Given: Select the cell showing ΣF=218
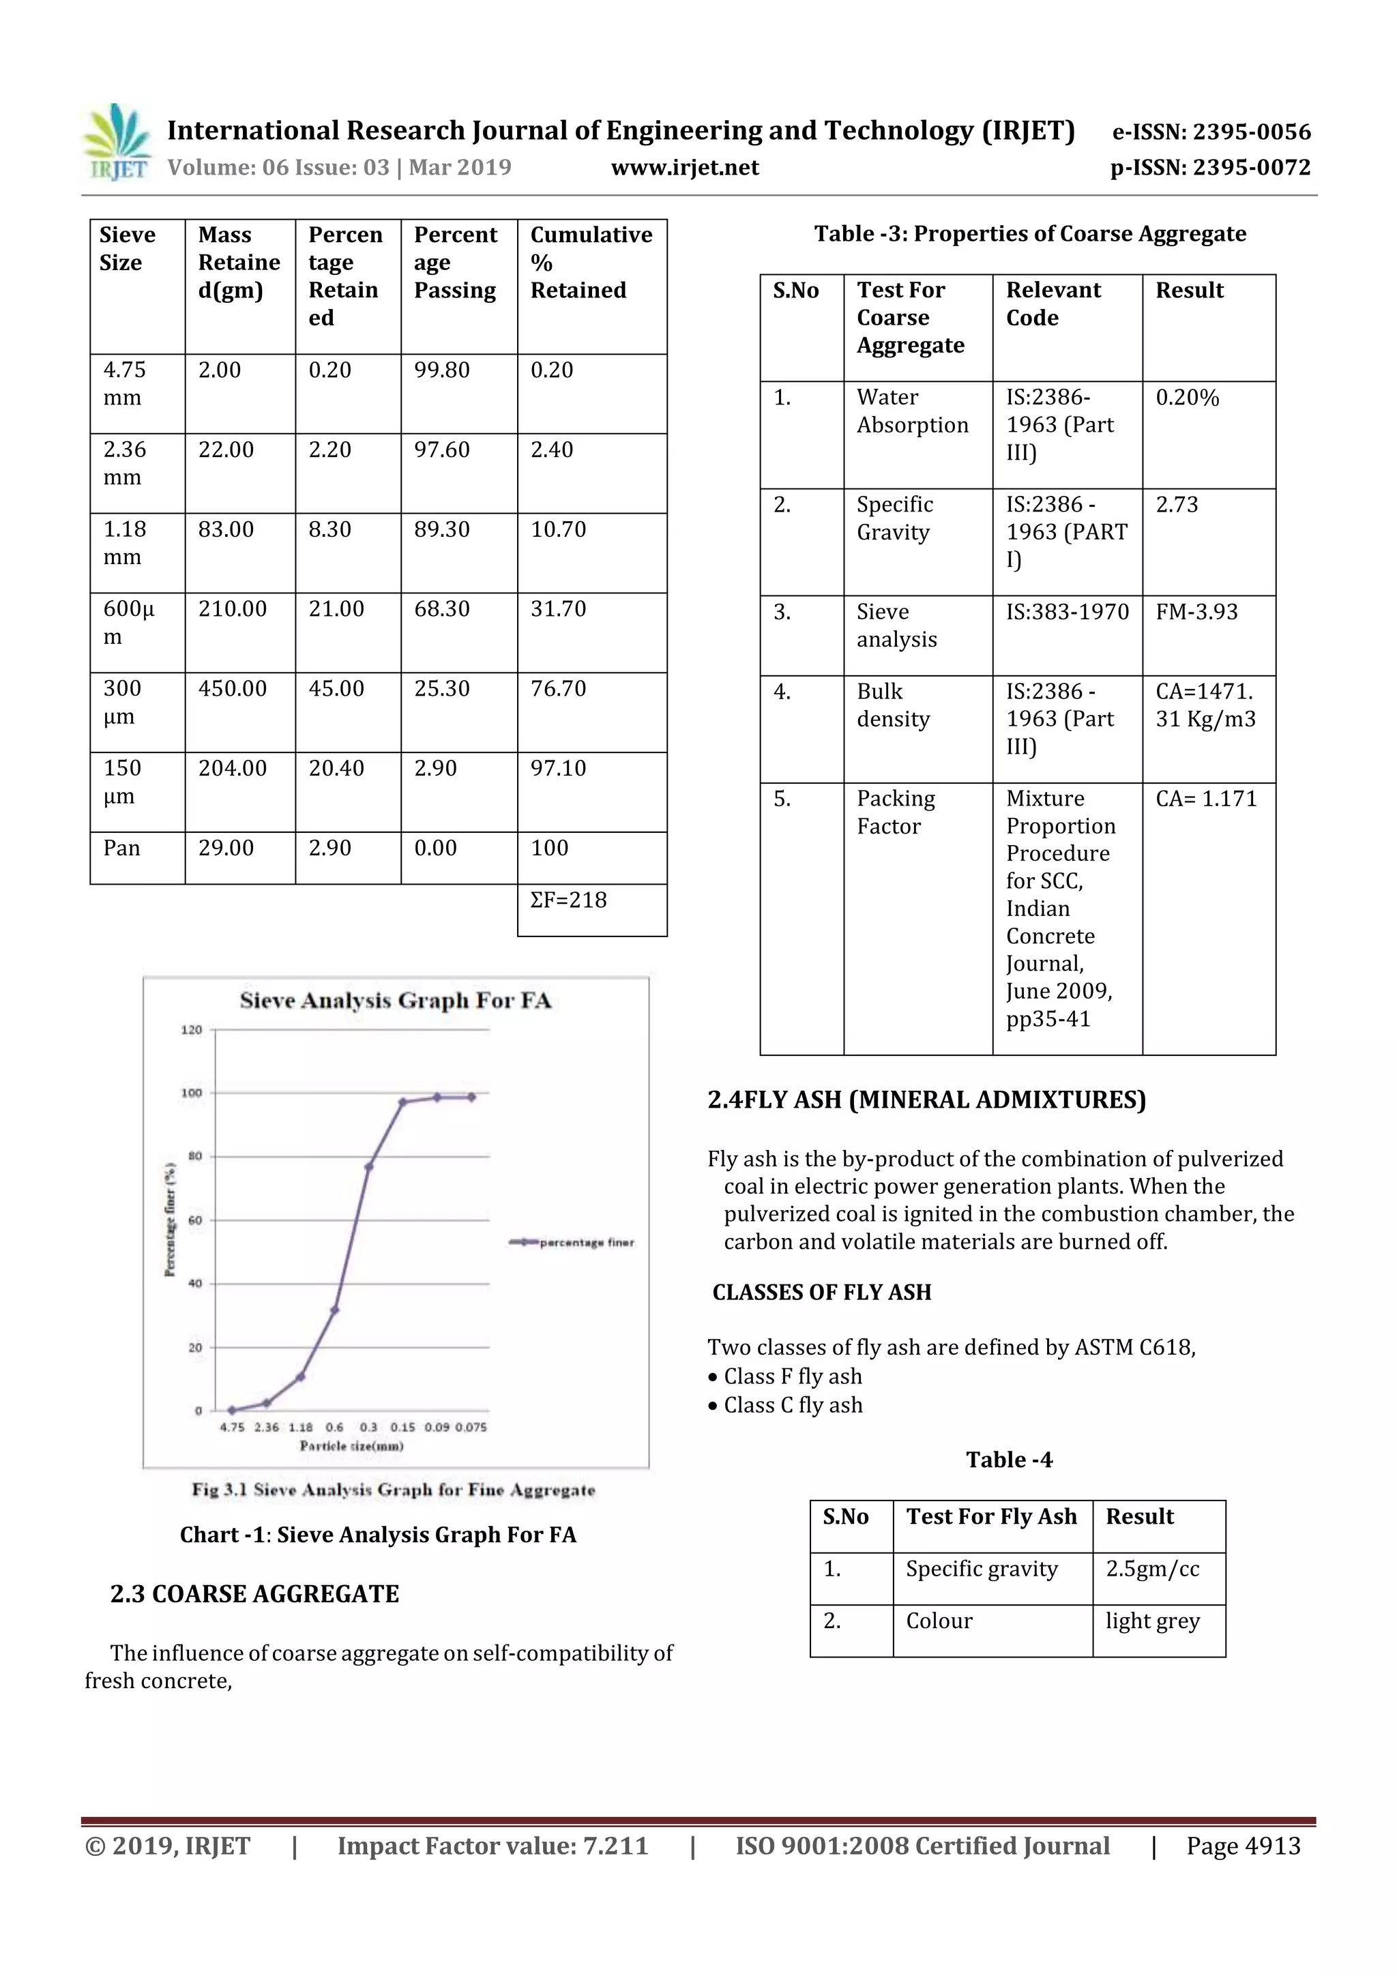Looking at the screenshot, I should point(569,900).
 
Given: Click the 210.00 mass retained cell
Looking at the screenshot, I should point(233,609).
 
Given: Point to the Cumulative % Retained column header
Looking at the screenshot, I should point(591,263).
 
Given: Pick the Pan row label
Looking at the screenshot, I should point(121,848).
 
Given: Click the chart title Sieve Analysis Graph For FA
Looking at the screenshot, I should point(395,1000).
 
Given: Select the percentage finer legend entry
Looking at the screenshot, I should point(572,1243).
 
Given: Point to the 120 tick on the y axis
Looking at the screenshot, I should point(192,1029).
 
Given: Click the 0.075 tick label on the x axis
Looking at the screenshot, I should point(471,1427).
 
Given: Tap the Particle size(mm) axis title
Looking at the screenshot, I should point(351,1446).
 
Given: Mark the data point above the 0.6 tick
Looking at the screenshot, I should point(335,1310).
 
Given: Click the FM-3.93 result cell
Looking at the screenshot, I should point(1196,612).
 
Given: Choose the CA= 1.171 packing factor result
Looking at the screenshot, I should point(1206,799).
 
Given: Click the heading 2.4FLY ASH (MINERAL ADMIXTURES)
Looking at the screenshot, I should point(926,1100).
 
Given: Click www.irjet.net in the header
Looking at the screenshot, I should point(685,167).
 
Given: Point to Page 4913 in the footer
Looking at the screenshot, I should point(1243,1846).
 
